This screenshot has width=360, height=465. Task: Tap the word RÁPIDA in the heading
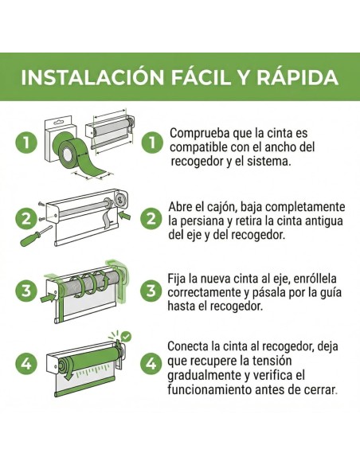point(297,77)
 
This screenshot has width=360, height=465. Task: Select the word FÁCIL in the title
point(201,77)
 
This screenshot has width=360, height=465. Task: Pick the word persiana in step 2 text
point(204,221)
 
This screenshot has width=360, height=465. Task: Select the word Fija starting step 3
point(177,279)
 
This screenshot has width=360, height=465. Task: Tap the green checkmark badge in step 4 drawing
point(127,336)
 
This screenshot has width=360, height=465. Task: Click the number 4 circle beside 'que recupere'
point(151,364)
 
